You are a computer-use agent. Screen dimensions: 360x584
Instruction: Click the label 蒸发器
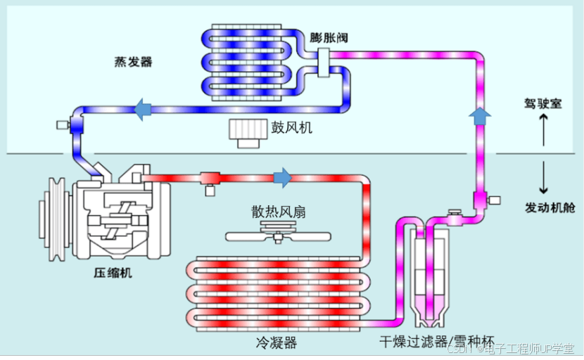133,61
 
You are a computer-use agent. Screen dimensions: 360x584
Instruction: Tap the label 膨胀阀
329,37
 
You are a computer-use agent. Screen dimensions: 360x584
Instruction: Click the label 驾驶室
542,103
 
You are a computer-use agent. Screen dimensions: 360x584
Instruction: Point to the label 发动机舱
547,208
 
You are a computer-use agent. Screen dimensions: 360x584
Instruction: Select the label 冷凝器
277,343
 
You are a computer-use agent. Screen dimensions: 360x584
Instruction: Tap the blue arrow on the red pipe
283,177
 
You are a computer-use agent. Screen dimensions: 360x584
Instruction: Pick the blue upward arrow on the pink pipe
480,115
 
